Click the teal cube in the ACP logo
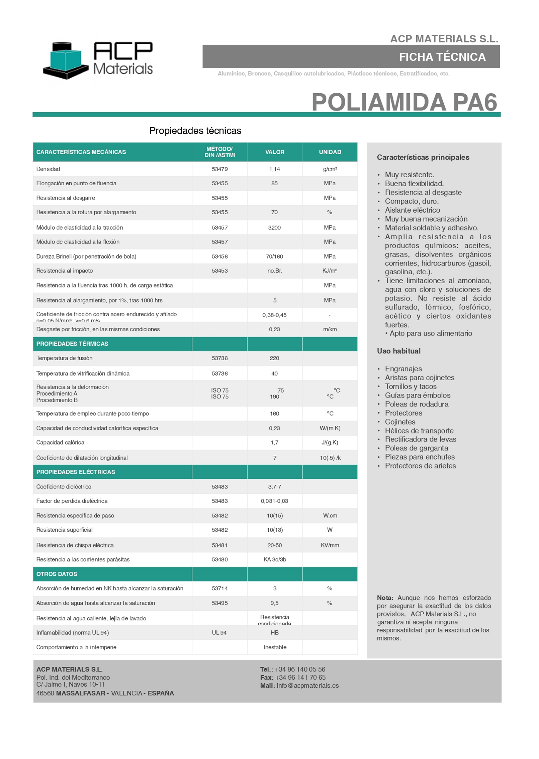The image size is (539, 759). pyautogui.click(x=66, y=60)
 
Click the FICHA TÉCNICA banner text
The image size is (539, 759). pyautogui.click(x=442, y=57)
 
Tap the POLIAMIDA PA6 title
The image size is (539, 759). pyautogui.click(x=404, y=102)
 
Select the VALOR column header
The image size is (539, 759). pyautogui.click(x=275, y=152)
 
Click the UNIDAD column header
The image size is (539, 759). pyautogui.click(x=330, y=152)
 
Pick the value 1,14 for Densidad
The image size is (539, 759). pyautogui.click(x=275, y=169)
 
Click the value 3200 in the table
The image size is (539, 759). pyautogui.click(x=275, y=228)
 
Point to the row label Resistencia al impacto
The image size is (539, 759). pyautogui.click(x=65, y=271)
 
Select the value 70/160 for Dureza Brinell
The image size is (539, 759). pyautogui.click(x=275, y=257)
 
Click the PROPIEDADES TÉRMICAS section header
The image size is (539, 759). pyautogui.click(x=72, y=344)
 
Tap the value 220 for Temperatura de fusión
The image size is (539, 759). pyautogui.click(x=275, y=358)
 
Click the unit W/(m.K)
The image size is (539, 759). pyautogui.click(x=330, y=428)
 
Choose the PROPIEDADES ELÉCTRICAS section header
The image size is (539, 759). pyautogui.click(x=76, y=472)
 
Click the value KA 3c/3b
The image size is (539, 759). pyautogui.click(x=275, y=559)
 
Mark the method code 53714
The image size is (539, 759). pyautogui.click(x=220, y=588)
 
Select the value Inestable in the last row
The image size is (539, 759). pyautogui.click(x=275, y=647)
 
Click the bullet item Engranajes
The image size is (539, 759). pyautogui.click(x=403, y=369)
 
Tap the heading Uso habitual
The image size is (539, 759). pyautogui.click(x=398, y=351)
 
